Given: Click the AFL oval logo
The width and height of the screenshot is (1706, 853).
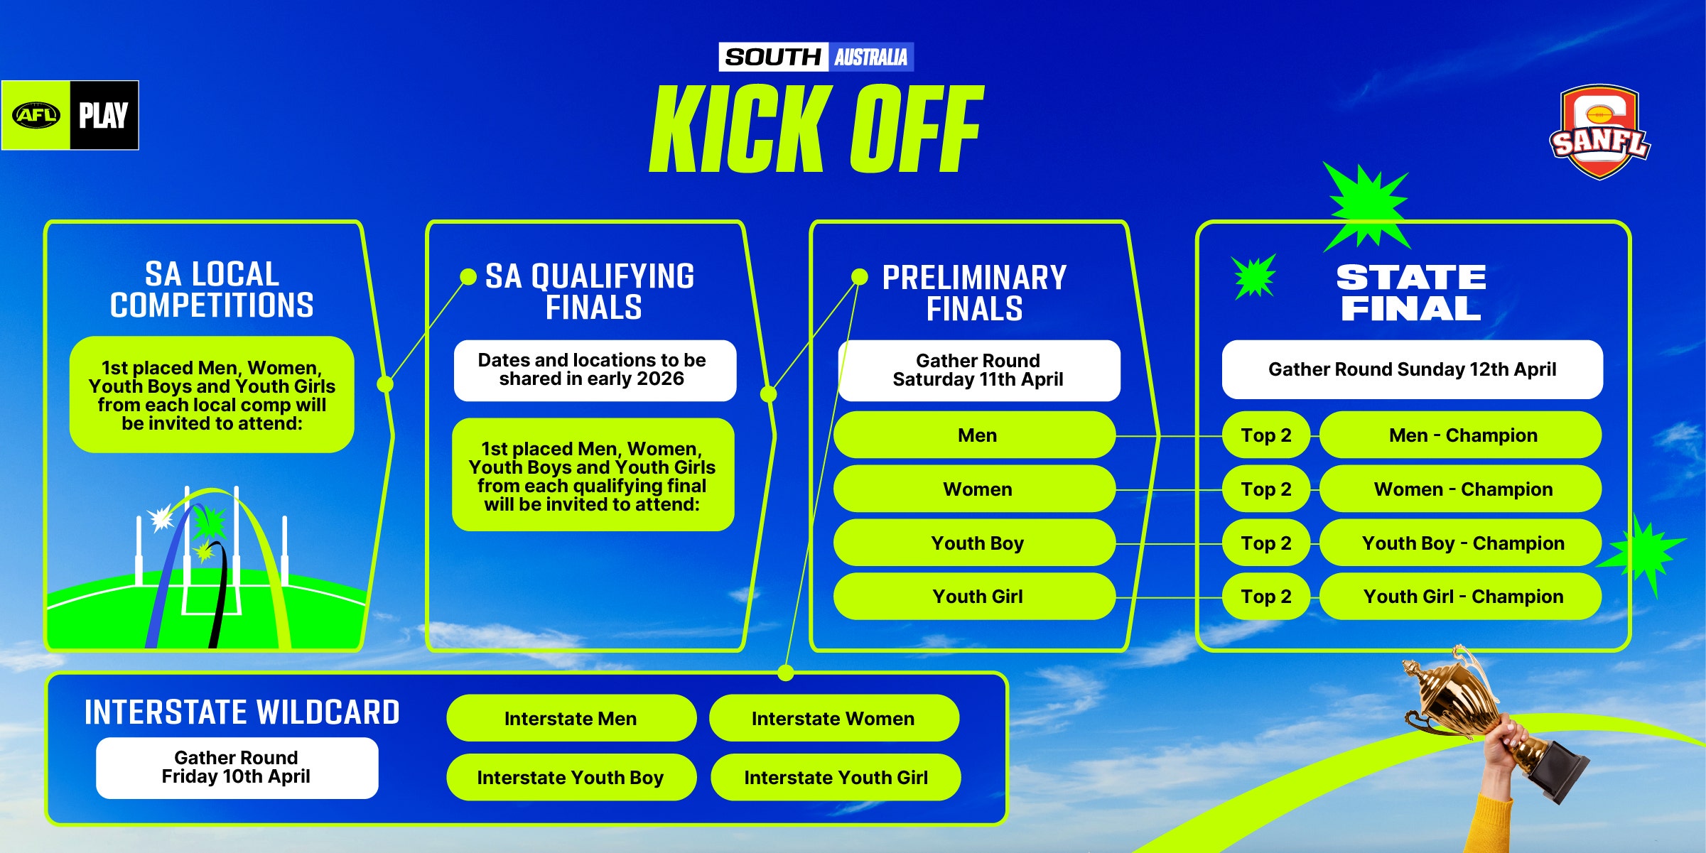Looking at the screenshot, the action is (36, 115).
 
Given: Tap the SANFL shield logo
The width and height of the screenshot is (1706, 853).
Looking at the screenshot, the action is (1599, 132).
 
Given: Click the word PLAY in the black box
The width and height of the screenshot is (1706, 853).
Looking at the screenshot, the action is (104, 115).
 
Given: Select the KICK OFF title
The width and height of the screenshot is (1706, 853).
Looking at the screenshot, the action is (817, 129).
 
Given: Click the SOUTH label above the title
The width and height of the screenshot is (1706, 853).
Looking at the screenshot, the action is (773, 57).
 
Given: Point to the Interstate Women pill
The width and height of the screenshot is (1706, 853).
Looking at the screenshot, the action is (833, 718).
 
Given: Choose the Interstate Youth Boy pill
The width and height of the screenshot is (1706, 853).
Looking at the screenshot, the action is (571, 777).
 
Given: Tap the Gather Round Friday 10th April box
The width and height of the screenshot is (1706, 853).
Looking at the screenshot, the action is (237, 768).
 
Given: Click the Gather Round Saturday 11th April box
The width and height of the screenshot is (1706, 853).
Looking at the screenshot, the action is (978, 370).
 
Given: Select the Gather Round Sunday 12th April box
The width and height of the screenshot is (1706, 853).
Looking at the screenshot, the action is (1412, 369).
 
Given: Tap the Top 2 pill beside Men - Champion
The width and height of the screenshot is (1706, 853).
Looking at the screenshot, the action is (1266, 435).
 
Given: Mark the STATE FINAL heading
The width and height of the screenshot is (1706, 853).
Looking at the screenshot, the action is (1411, 293).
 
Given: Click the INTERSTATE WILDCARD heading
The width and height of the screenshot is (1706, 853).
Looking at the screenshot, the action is (242, 712).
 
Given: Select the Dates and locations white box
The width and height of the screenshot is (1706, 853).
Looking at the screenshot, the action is (595, 370).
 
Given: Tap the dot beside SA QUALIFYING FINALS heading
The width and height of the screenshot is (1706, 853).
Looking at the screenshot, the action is (468, 276).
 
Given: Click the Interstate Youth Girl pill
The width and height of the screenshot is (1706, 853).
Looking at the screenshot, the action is (836, 777).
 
